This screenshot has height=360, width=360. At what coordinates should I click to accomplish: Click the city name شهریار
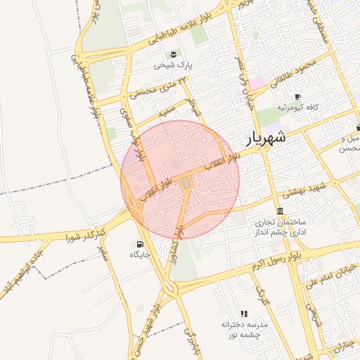(267, 137)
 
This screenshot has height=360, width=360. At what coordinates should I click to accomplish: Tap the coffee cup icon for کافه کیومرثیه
(297, 96)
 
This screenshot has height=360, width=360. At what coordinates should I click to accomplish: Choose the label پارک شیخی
(175, 65)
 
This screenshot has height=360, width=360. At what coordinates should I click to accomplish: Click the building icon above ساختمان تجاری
(281, 211)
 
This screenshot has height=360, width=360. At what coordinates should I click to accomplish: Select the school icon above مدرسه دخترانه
(244, 314)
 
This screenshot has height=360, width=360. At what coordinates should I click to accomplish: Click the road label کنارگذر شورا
(86, 234)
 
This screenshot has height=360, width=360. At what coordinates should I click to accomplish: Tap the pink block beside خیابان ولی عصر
(258, 83)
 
